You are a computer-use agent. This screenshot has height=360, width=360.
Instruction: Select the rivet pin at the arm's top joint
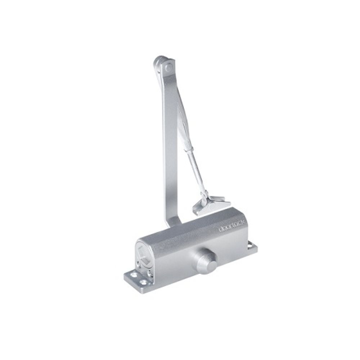(168, 67)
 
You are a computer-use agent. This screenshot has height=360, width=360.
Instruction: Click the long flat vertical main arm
(170, 144)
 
